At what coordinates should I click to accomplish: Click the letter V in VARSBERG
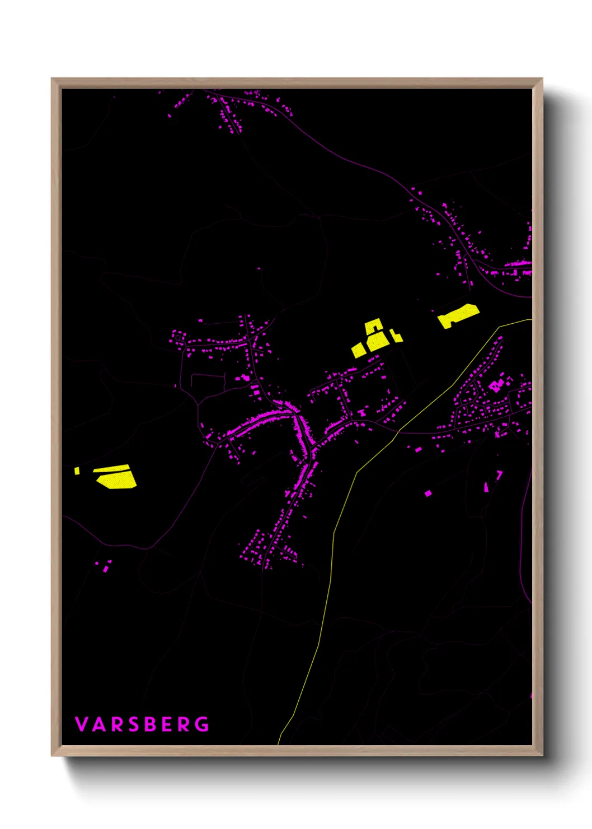click(x=81, y=724)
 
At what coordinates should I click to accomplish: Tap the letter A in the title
click(x=99, y=724)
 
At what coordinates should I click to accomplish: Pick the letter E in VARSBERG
click(x=167, y=724)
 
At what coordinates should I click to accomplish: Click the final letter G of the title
click(x=202, y=724)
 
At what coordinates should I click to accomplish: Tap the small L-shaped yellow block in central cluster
click(x=396, y=336)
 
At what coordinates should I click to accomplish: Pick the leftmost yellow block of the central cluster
click(x=359, y=350)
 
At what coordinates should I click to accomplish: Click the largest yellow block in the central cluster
click(x=378, y=341)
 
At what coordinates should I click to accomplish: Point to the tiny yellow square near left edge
click(x=77, y=471)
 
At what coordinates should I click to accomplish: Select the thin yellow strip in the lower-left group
click(x=112, y=469)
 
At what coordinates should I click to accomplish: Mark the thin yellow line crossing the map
click(x=333, y=538)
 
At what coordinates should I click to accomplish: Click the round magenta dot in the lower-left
click(x=97, y=563)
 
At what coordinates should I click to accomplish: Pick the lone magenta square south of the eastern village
click(x=428, y=493)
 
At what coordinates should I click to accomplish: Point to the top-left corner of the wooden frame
click(x=52, y=79)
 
